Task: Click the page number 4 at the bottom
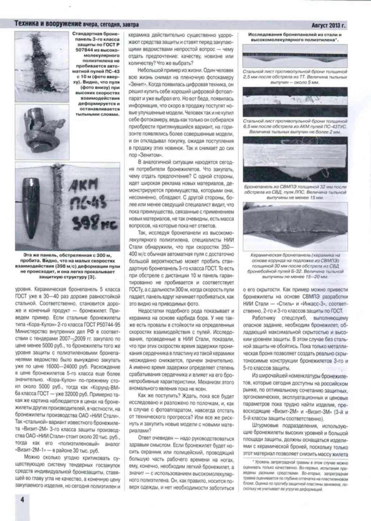pos(22,499)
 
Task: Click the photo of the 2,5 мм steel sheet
pos(295,55)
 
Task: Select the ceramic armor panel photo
pos(295,226)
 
